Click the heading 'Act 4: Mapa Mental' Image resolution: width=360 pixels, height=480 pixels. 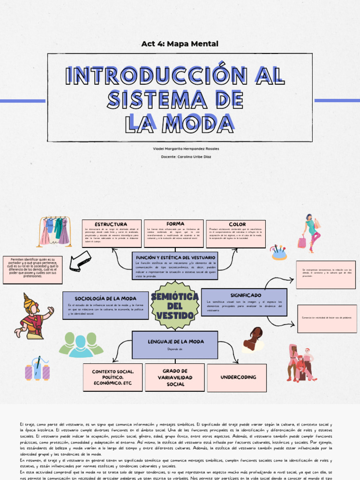180,44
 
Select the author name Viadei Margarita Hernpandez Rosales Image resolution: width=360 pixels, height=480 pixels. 180,149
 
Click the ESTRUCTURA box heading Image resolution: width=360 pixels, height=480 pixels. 111,225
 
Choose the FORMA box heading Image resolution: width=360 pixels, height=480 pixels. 175,224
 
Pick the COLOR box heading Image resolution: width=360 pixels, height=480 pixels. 237,225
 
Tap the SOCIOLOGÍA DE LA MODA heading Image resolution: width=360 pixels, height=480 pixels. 99,299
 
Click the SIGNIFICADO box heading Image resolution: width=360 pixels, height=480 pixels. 246,295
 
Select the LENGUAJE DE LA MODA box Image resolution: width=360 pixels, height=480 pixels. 174,345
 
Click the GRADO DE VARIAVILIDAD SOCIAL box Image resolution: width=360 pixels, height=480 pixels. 174,377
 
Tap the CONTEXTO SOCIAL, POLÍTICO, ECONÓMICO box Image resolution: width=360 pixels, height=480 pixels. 112,377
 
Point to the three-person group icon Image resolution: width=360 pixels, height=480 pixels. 81,344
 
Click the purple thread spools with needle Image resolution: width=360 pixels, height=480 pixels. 37,369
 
